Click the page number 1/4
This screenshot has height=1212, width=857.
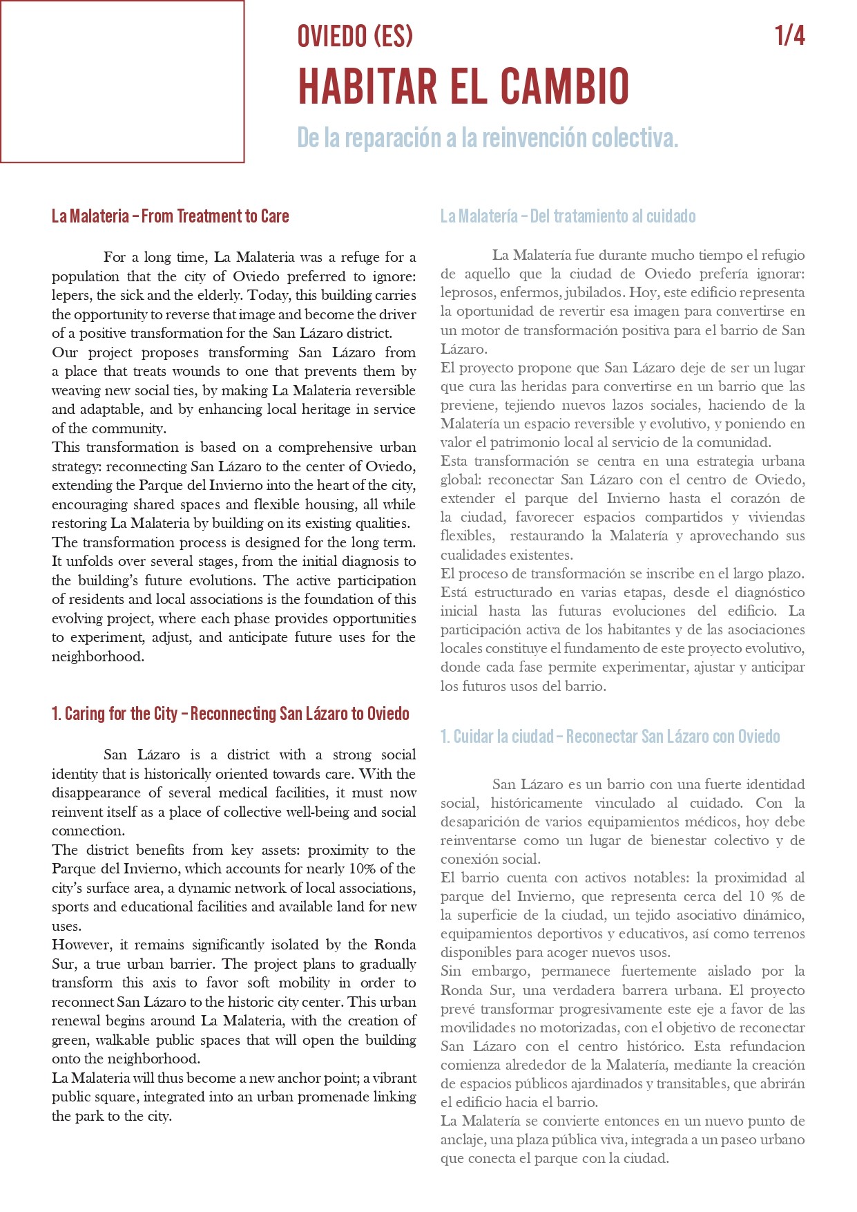[790, 35]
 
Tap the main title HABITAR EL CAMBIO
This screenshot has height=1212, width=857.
[463, 86]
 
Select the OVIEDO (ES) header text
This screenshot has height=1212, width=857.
[355, 36]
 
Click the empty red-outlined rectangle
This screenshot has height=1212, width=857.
[122, 82]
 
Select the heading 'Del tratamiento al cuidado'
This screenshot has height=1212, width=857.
[613, 216]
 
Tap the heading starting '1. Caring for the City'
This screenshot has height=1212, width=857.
[230, 714]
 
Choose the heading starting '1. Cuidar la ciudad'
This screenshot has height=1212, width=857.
[610, 737]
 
